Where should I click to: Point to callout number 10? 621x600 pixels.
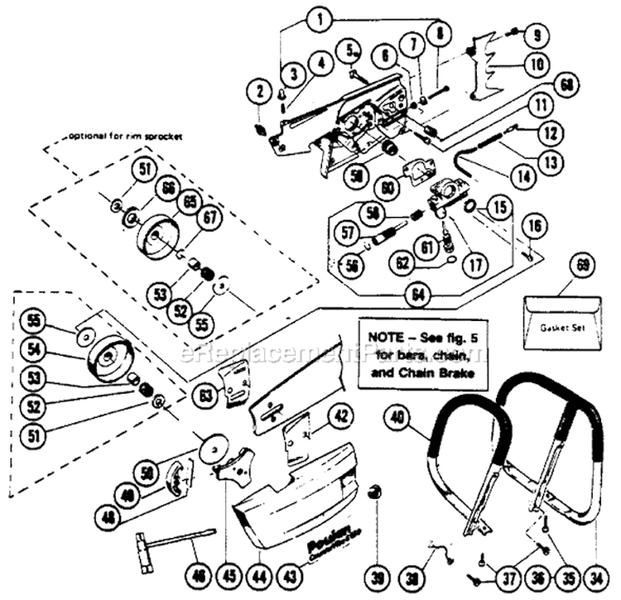539,62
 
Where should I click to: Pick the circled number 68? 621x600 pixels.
566,84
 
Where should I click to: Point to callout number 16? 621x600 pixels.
533,223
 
